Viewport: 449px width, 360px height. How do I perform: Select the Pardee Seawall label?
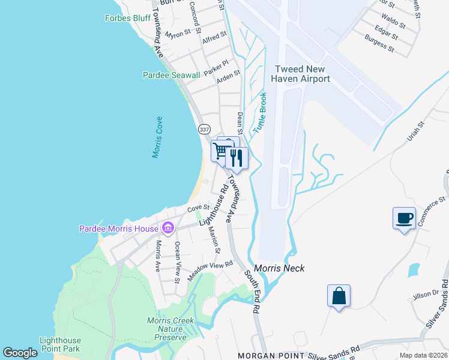(x=171, y=75)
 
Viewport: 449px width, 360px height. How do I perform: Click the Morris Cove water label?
(x=158, y=137)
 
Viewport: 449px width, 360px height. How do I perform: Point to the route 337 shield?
(x=203, y=129)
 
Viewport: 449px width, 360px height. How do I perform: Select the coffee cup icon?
(x=404, y=217)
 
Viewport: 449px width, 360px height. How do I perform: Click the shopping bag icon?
(x=339, y=296)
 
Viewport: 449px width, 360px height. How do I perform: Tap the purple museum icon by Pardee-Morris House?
(x=167, y=228)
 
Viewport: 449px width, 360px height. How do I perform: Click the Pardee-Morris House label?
(x=119, y=229)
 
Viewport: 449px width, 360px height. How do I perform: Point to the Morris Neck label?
(x=279, y=268)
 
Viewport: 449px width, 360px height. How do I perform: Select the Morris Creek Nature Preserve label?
(x=171, y=329)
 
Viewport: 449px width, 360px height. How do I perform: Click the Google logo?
(x=20, y=353)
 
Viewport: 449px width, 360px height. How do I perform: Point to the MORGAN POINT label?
(x=269, y=355)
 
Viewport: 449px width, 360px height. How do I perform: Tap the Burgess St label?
(x=379, y=43)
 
